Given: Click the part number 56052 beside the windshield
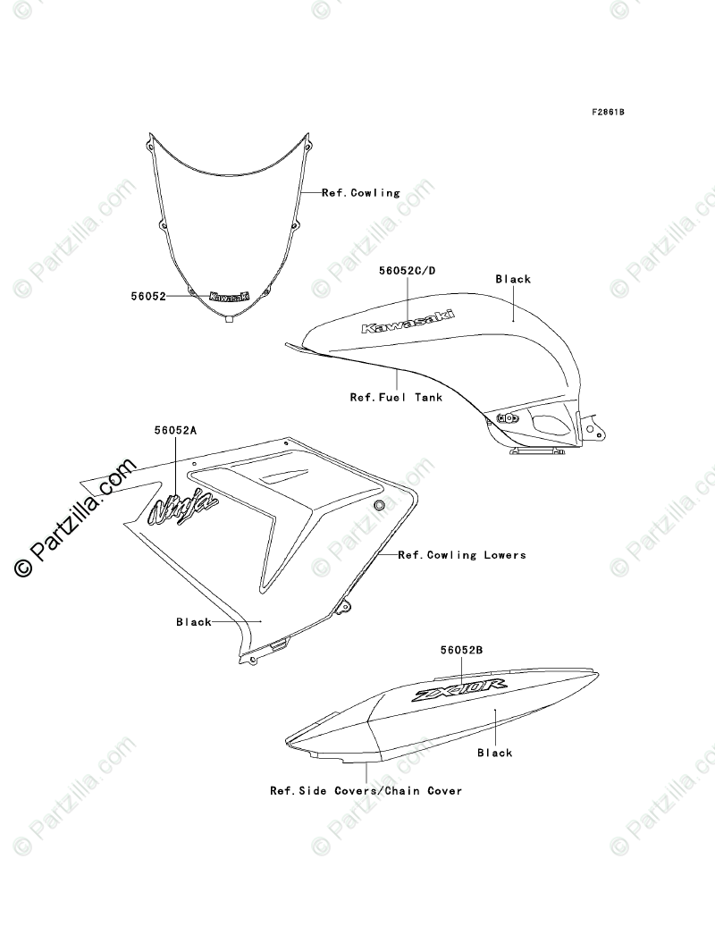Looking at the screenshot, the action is [x=148, y=295].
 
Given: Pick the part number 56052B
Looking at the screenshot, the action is [x=461, y=653].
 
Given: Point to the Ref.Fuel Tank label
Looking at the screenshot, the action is [x=396, y=397].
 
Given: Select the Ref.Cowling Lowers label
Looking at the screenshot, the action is [x=462, y=555].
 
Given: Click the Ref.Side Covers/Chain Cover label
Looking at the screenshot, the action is [x=366, y=791].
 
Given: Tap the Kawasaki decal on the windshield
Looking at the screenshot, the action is [x=230, y=297].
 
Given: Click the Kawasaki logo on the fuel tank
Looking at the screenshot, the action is [x=407, y=321].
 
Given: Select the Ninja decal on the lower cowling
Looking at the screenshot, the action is [x=182, y=507].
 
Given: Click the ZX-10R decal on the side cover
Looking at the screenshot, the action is [x=458, y=691].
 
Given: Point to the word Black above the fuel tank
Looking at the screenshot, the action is [x=513, y=279].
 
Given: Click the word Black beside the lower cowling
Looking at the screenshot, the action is [x=193, y=622].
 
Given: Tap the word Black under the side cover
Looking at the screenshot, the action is [x=494, y=754].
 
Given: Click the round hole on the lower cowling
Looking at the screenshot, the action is [x=379, y=507].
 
